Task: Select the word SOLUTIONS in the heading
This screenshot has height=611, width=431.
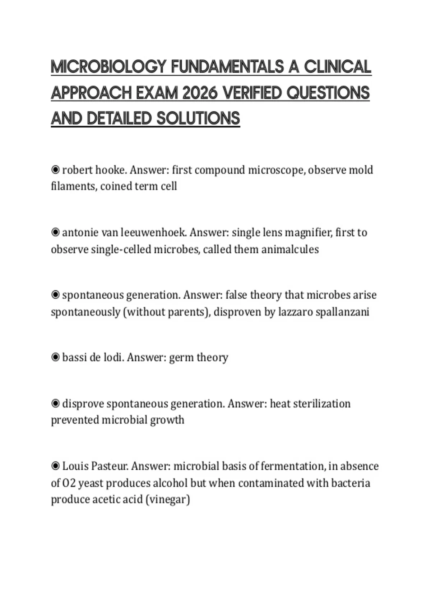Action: coord(198,119)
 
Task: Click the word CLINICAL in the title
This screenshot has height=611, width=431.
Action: coord(338,67)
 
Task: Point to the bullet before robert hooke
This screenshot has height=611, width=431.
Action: coord(55,169)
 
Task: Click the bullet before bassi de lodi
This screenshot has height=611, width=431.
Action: coord(55,357)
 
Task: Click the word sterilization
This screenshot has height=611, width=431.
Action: coord(322,404)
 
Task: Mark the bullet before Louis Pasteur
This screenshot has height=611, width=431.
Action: coord(55,466)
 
